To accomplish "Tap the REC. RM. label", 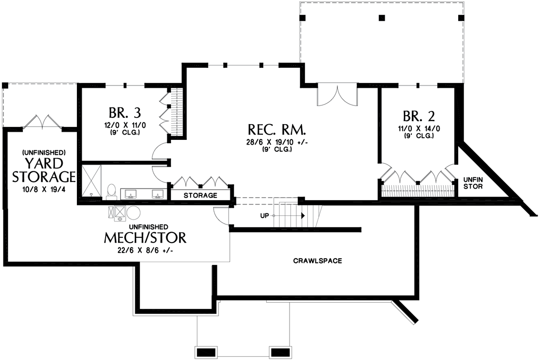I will [277, 130].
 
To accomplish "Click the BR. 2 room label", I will [418, 116].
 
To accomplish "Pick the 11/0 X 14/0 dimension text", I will [418, 128].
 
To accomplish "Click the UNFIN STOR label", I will [473, 183].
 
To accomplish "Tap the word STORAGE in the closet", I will [200, 195].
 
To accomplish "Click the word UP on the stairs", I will [264, 215].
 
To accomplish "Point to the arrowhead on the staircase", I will [303, 215].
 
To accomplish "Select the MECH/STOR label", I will [145, 237].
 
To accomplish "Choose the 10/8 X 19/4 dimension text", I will [43, 190].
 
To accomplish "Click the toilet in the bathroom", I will [112, 191].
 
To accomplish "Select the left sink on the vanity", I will [129, 194].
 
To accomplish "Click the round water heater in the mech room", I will [133, 212].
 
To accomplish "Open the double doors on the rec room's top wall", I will [337, 95].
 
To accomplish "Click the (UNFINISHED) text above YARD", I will [43, 152].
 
